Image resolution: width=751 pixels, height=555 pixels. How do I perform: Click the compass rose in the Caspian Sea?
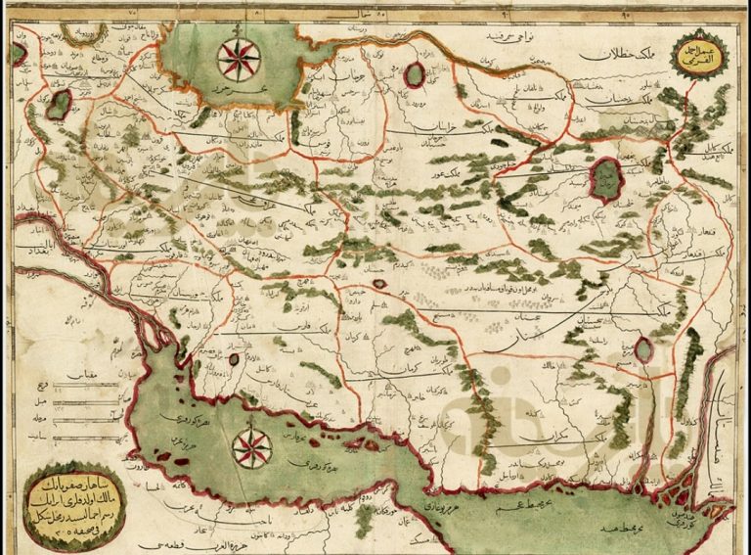239,58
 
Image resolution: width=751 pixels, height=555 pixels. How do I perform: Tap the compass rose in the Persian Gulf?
252,448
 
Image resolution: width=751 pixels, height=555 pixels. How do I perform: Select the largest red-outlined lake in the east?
606,180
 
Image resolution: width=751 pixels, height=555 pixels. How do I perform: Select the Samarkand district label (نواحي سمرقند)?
489,37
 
